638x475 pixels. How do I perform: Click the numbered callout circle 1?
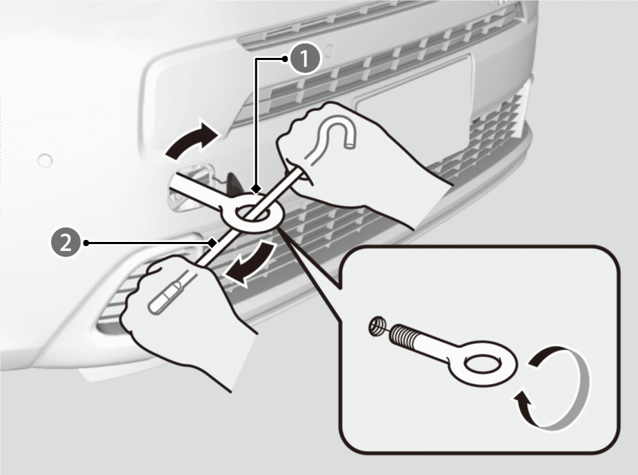pyautogui.click(x=304, y=59)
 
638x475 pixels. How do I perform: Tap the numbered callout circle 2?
pyautogui.click(x=66, y=243)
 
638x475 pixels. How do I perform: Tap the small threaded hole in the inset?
pyautogui.click(x=377, y=326)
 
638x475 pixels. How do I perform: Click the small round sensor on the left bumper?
pyautogui.click(x=45, y=160)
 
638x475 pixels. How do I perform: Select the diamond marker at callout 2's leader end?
pyautogui.click(x=212, y=243)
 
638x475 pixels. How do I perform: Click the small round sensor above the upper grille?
pyautogui.click(x=329, y=50)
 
